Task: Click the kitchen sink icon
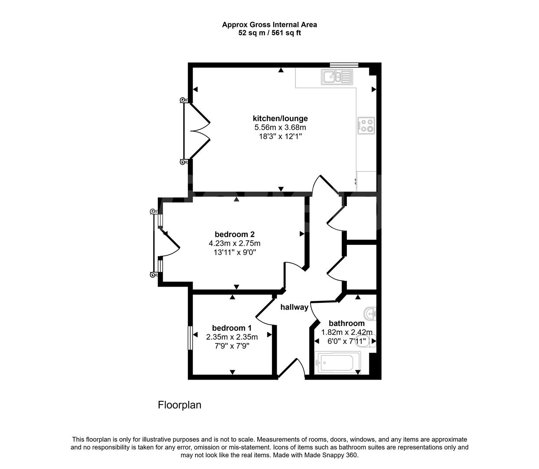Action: pyautogui.click(x=337, y=77)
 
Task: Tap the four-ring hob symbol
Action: pyautogui.click(x=366, y=126)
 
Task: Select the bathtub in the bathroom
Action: pyautogui.click(x=338, y=363)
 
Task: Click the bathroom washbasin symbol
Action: pyautogui.click(x=370, y=313)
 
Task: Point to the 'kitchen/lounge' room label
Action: pyautogui.click(x=280, y=119)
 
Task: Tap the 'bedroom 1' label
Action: pyautogui.click(x=232, y=328)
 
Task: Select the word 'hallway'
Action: pyautogui.click(x=294, y=307)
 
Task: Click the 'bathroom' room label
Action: pyautogui.click(x=346, y=323)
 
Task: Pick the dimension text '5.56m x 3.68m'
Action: pyautogui.click(x=280, y=128)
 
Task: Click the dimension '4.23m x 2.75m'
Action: pyautogui.click(x=235, y=243)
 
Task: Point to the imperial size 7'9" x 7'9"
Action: pyautogui.click(x=232, y=346)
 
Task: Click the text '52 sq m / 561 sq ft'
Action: pyautogui.click(x=269, y=33)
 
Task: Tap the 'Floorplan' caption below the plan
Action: pyautogui.click(x=180, y=405)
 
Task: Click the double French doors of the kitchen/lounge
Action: pyautogui.click(x=196, y=130)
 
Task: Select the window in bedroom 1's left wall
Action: pyautogui.click(x=189, y=338)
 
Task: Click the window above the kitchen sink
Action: pyautogui.click(x=344, y=65)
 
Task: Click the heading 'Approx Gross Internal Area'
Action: pyautogui.click(x=269, y=25)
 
